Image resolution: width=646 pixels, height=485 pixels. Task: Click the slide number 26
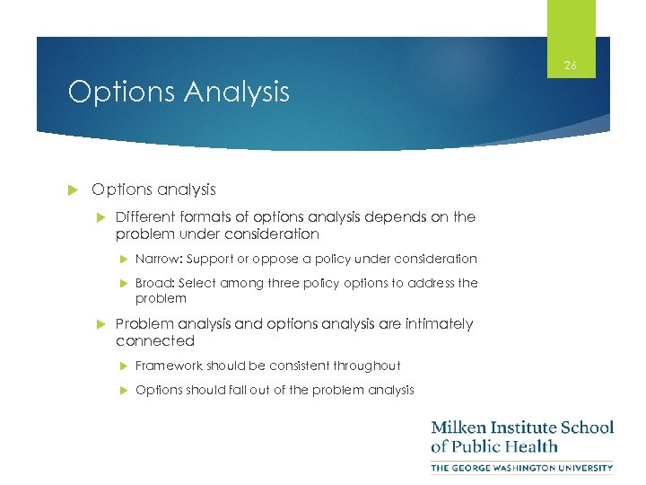tap(570, 65)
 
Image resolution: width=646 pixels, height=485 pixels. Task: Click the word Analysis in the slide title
tap(237, 92)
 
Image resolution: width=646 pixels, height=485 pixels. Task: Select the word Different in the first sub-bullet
tap(144, 217)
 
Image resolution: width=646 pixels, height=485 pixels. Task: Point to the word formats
tap(199, 217)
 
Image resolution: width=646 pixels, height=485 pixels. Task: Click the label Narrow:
tap(157, 259)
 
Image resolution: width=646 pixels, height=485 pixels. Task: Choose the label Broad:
tap(155, 283)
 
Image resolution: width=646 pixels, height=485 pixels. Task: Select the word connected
tap(154, 341)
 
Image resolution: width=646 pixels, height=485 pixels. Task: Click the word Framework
tap(169, 366)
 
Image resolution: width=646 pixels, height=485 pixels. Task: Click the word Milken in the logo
tap(458, 427)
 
